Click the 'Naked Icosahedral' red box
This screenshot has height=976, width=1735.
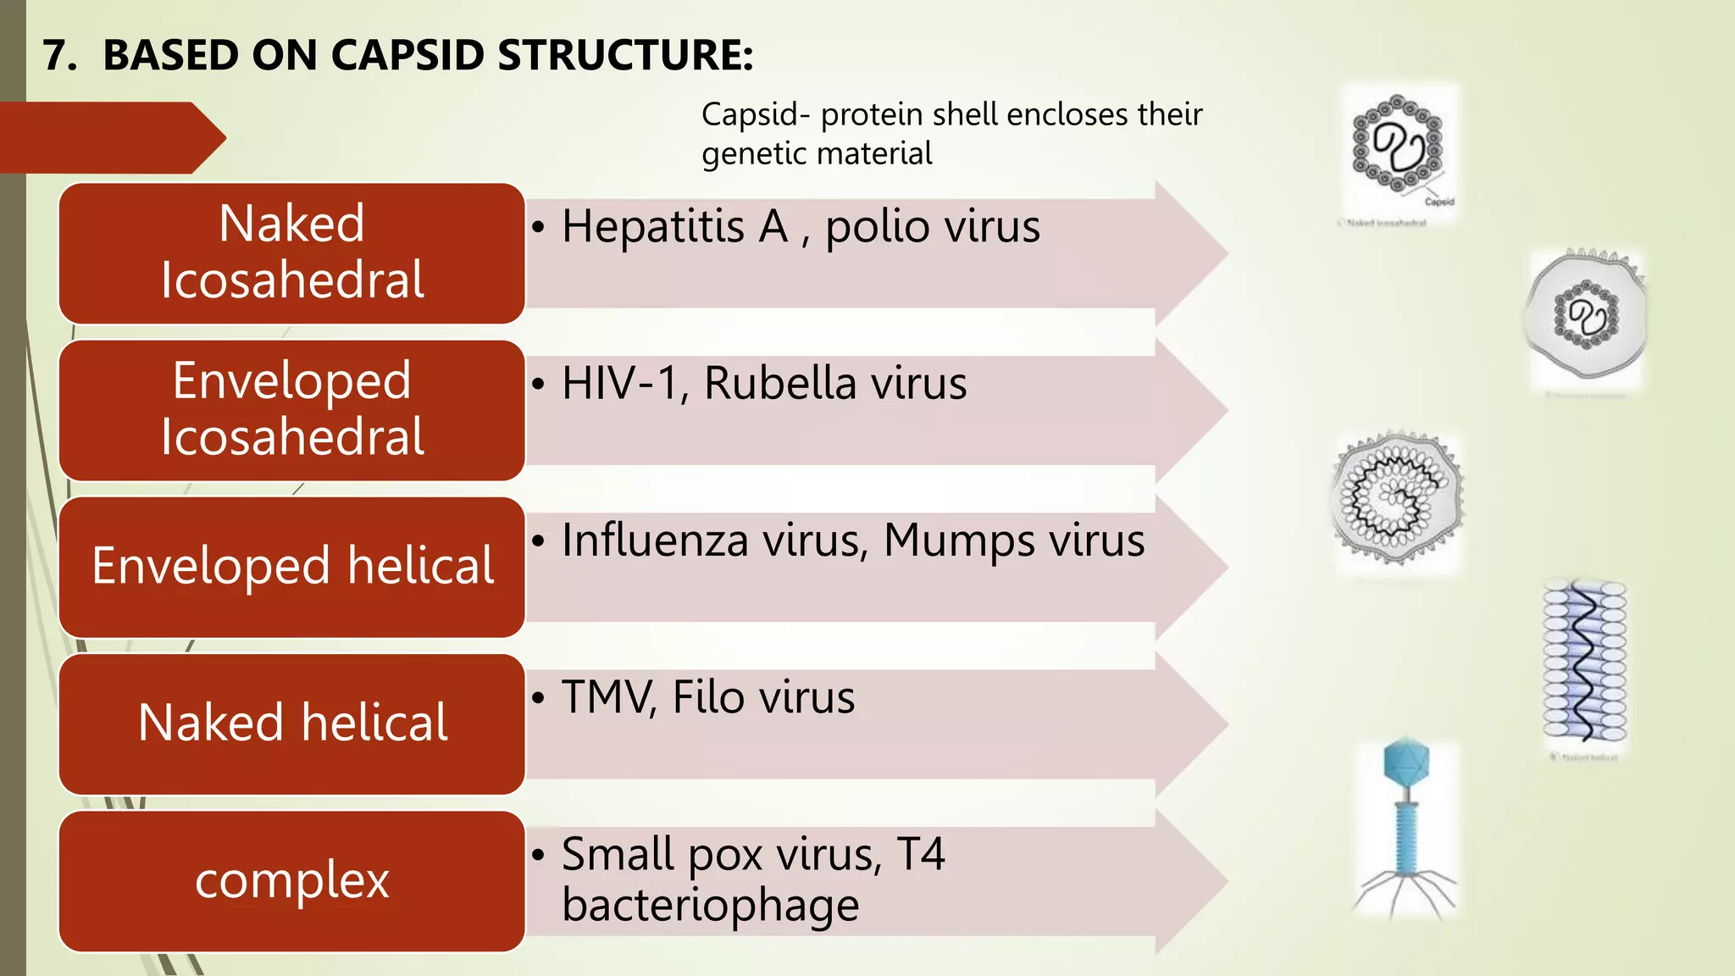[x=292, y=252]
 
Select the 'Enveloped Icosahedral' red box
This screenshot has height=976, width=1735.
[x=292, y=409]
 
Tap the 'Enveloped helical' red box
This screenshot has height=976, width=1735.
[x=292, y=566]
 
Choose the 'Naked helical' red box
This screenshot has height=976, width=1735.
[x=292, y=723]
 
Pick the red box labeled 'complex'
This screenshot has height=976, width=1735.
[x=292, y=880]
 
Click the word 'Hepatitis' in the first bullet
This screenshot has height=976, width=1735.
[x=653, y=227]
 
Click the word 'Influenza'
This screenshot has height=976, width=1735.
[x=655, y=541]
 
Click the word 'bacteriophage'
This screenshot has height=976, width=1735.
[x=710, y=905]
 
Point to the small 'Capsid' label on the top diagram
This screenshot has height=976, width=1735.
[x=1439, y=202]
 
